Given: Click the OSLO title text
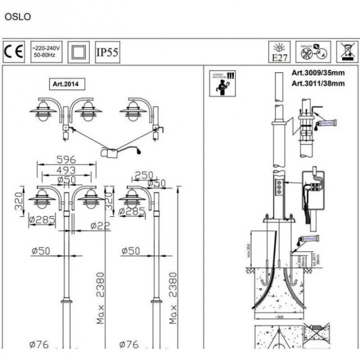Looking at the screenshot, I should (18, 16).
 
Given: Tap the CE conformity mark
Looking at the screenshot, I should (14, 52).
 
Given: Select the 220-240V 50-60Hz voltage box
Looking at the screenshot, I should (47, 52).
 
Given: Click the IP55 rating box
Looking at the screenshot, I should (107, 52).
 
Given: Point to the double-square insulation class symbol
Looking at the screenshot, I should (79, 52).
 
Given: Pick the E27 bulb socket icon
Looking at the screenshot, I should (279, 52).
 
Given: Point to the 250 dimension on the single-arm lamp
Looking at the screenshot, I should (143, 175).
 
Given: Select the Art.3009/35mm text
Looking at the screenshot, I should (318, 73).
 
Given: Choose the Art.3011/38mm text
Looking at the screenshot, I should (318, 83).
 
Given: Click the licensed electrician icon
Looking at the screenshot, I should (223, 83).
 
